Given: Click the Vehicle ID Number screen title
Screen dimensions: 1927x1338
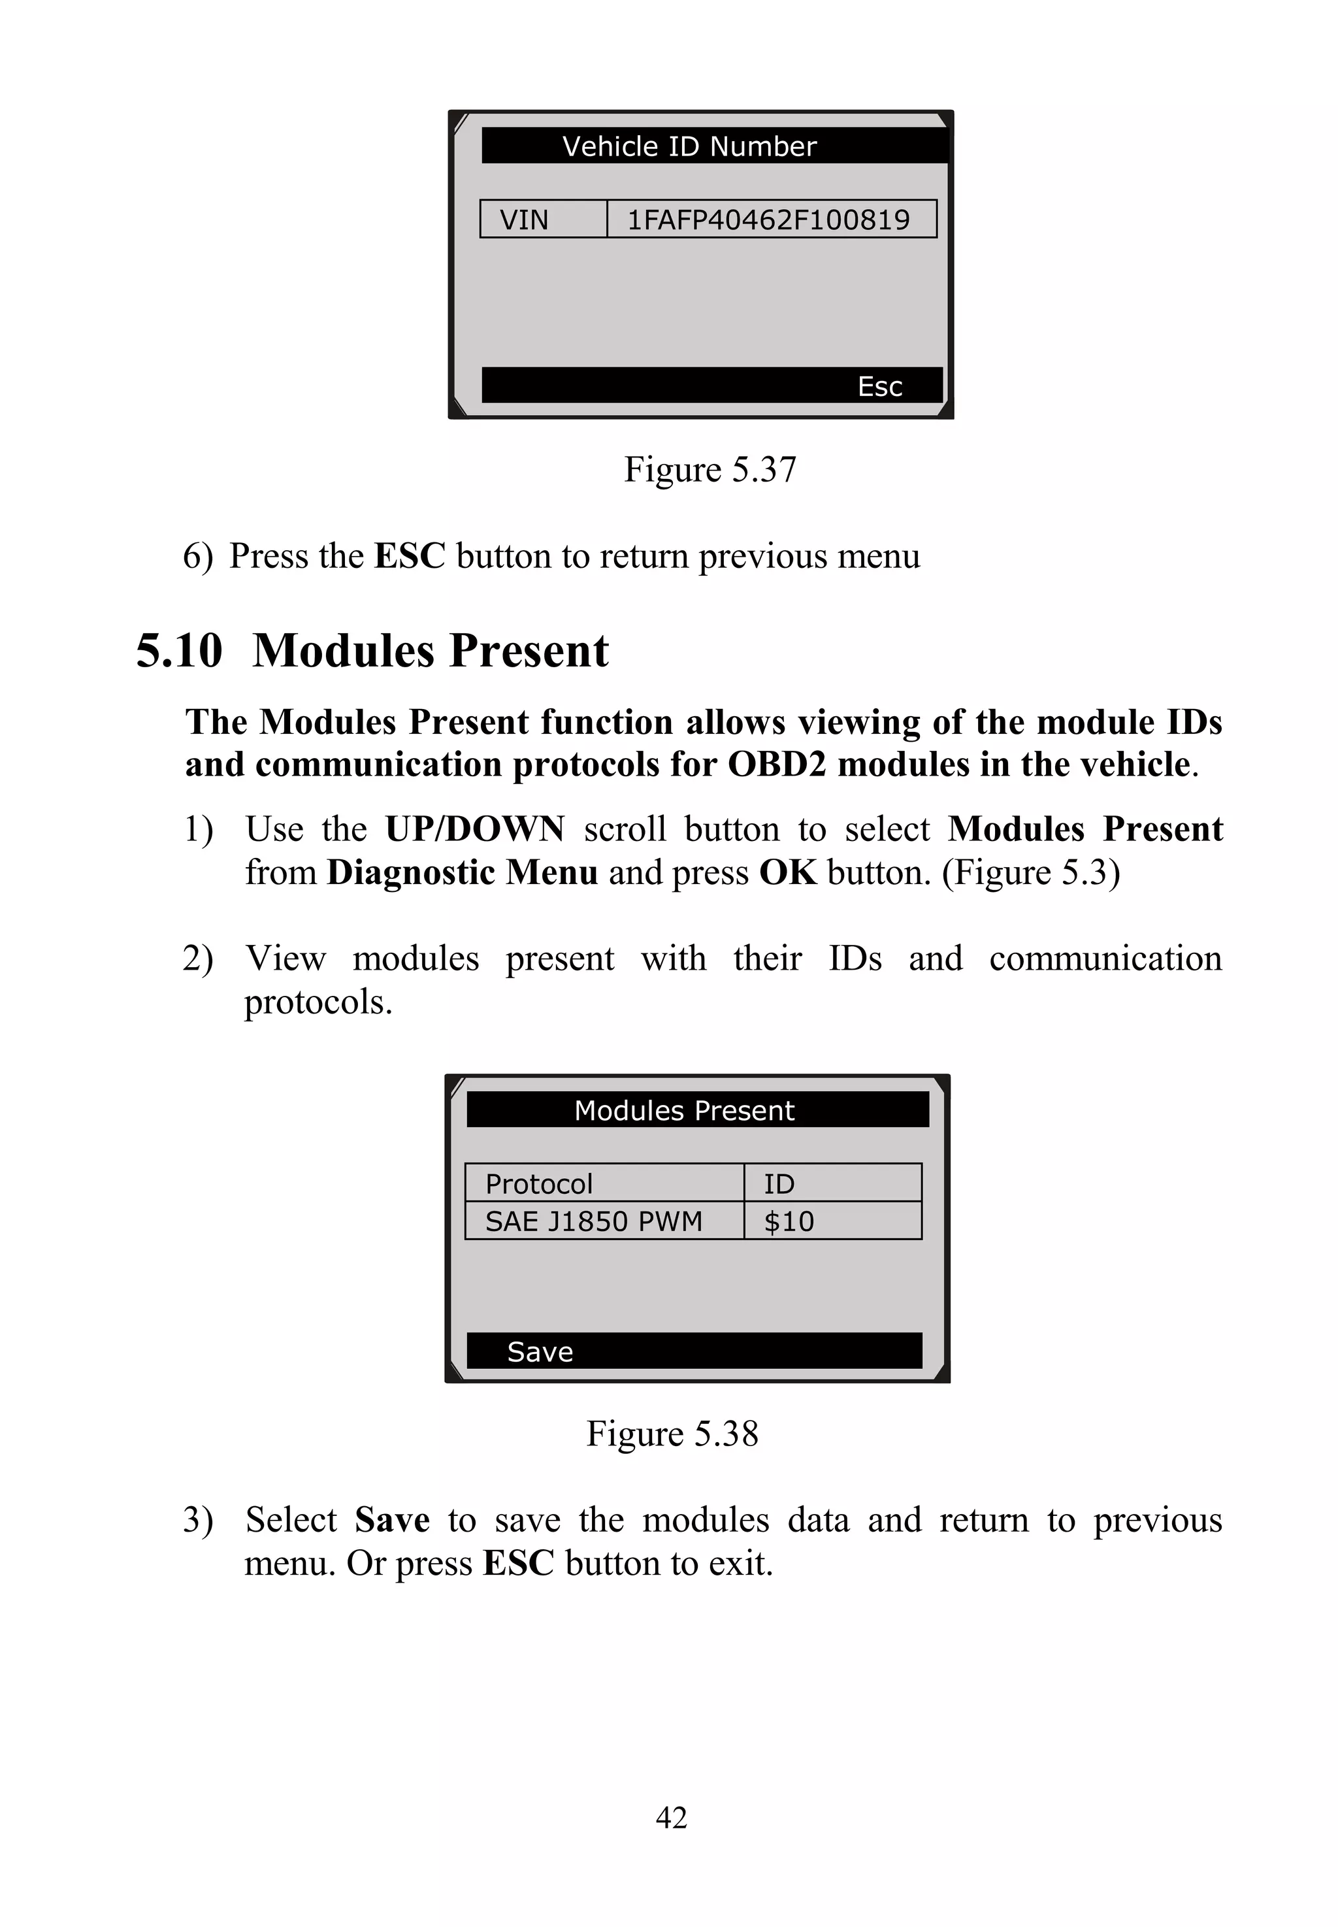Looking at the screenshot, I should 689,147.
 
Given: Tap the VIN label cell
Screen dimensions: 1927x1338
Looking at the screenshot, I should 525,220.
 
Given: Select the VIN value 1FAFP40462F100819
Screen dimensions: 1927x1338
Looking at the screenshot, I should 768,220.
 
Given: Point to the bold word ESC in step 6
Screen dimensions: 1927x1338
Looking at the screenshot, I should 409,556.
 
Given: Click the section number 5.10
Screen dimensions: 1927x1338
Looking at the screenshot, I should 180,651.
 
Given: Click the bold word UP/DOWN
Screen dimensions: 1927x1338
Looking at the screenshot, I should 474,829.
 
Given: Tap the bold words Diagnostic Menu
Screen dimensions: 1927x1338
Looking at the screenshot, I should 462,873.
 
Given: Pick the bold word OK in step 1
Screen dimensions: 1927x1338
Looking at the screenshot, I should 787,873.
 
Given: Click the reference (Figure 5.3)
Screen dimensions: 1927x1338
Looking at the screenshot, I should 1030,873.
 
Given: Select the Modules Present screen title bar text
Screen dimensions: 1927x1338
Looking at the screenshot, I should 684,1110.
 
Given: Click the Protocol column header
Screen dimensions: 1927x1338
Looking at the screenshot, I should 539,1183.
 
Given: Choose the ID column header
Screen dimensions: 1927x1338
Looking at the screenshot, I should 779,1183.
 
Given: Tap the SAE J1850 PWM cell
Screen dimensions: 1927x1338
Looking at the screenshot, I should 594,1221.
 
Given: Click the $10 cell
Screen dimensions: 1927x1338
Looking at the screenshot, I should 789,1221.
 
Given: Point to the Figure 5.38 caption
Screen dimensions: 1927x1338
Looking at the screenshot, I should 672,1434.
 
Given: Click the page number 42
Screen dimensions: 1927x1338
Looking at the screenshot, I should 671,1818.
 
